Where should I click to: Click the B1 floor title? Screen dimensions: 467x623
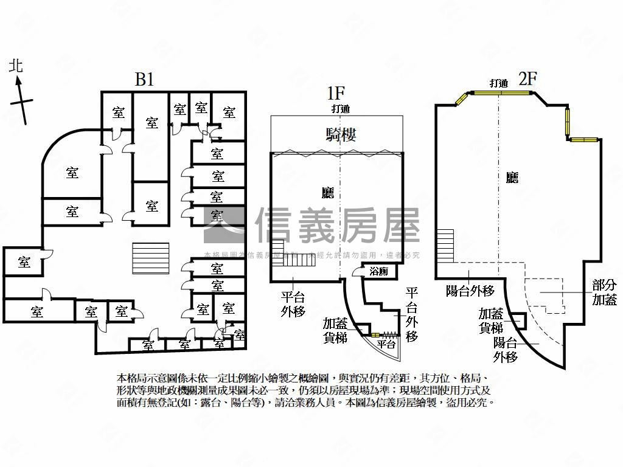point(144,80)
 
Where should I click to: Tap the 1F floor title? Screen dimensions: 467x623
point(336,93)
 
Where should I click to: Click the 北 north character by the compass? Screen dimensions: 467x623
point(16,66)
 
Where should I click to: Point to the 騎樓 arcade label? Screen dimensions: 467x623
point(341,134)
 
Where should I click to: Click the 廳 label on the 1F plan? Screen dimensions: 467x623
point(327,193)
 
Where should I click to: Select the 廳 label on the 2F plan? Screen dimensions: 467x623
point(512,178)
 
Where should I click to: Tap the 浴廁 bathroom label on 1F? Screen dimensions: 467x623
point(378,272)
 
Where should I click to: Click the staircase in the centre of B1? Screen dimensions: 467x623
point(151,255)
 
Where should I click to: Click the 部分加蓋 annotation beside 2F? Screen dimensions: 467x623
point(604,292)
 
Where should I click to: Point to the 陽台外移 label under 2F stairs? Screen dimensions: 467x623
point(470,291)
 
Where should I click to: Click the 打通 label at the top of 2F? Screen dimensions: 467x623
point(498,83)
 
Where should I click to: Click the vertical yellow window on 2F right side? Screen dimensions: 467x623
point(568,120)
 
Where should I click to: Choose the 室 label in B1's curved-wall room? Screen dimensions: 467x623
point(72,173)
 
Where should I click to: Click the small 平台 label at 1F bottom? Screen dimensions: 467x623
point(386,344)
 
